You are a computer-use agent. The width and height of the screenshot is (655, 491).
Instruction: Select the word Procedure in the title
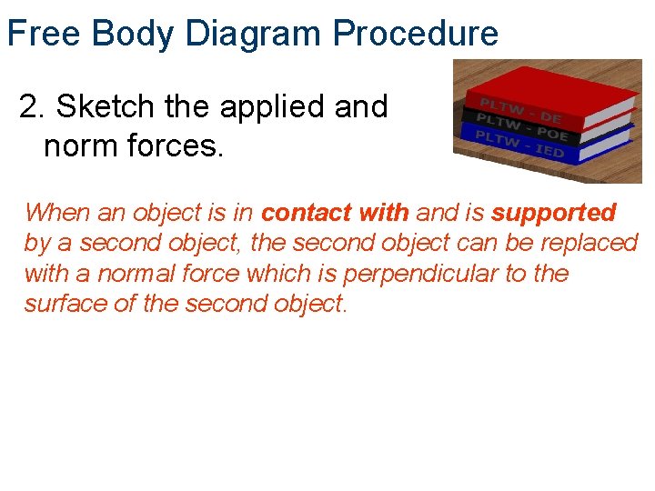click(x=415, y=34)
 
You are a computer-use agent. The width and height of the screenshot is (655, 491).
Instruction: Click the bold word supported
click(x=554, y=213)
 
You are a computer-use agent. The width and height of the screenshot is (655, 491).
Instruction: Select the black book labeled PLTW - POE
click(x=546, y=127)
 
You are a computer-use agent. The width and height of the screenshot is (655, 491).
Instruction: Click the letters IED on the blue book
click(x=549, y=149)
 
